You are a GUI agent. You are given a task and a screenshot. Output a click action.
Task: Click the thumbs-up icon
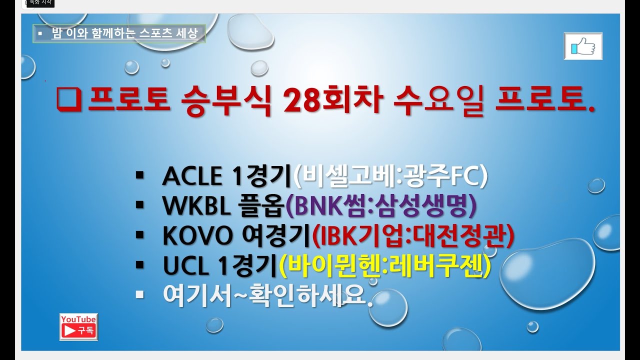pyautogui.click(x=583, y=46)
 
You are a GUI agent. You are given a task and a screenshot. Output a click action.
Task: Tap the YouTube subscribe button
pyautogui.click(x=78, y=327)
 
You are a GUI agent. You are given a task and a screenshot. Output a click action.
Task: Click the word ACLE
pyautogui.click(x=192, y=177)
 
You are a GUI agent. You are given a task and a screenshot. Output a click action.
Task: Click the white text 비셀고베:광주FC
pyautogui.click(x=391, y=177)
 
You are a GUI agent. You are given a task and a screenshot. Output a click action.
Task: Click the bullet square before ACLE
pyautogui.click(x=139, y=175)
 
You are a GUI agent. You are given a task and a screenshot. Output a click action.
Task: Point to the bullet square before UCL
pyautogui.click(x=139, y=264)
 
